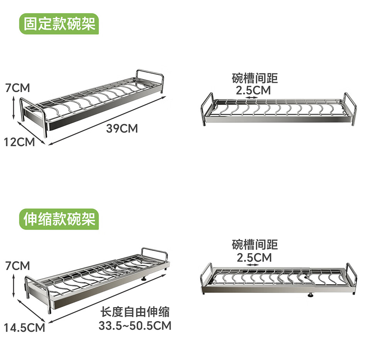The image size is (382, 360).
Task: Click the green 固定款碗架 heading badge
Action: [x=59, y=24]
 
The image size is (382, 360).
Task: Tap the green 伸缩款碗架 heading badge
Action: [x=59, y=219]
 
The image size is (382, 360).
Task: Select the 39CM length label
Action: [x=122, y=128]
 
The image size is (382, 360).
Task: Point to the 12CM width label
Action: [x=20, y=142]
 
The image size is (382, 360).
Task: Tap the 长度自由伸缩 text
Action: [x=135, y=312]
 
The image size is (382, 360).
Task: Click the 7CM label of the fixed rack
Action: [x=17, y=88]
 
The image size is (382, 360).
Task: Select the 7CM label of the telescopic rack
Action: [x=17, y=265]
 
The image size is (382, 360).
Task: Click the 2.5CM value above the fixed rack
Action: [x=254, y=90]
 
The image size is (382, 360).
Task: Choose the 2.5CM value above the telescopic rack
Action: [x=254, y=257]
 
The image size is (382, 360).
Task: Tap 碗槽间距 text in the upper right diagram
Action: [x=255, y=78]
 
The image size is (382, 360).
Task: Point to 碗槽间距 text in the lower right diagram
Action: [x=255, y=245]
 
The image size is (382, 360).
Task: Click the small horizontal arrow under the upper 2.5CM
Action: [x=252, y=98]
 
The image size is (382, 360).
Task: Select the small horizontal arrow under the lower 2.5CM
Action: [x=253, y=265]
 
